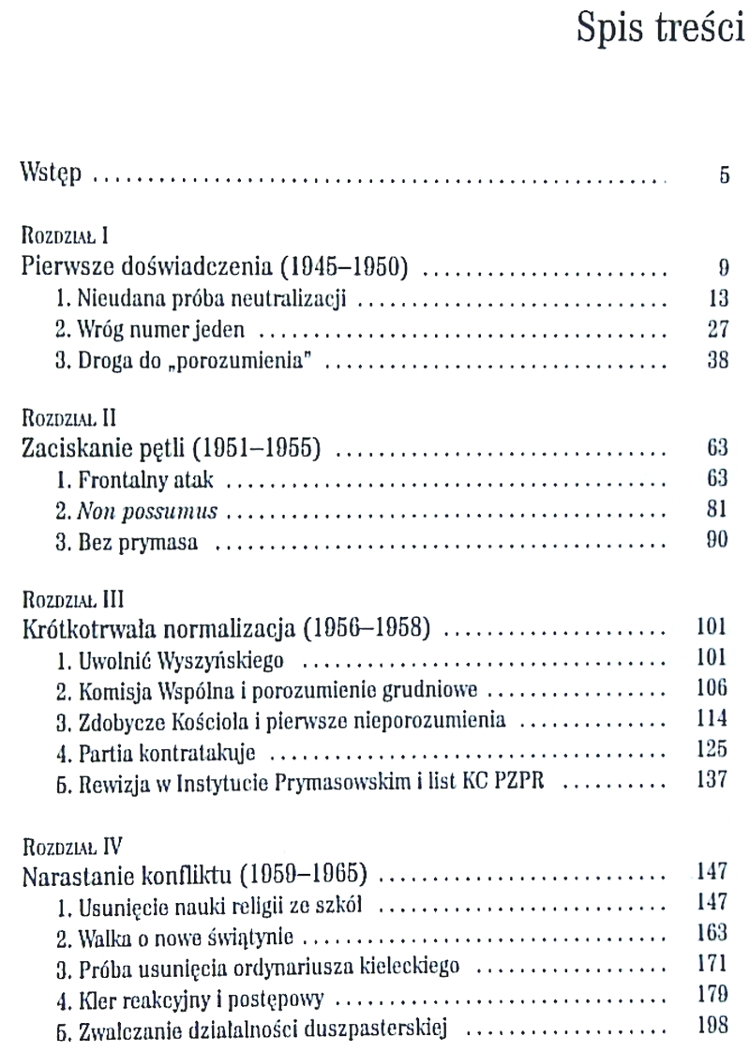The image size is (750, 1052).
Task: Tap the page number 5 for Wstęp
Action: (725, 175)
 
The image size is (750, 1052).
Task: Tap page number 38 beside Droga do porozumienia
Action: (717, 363)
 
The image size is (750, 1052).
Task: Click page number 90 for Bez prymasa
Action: (717, 544)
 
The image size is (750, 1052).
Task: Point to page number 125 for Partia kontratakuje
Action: (713, 751)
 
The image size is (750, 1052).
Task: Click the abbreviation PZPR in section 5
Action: (532, 784)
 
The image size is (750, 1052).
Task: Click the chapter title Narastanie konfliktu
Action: (194, 865)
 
